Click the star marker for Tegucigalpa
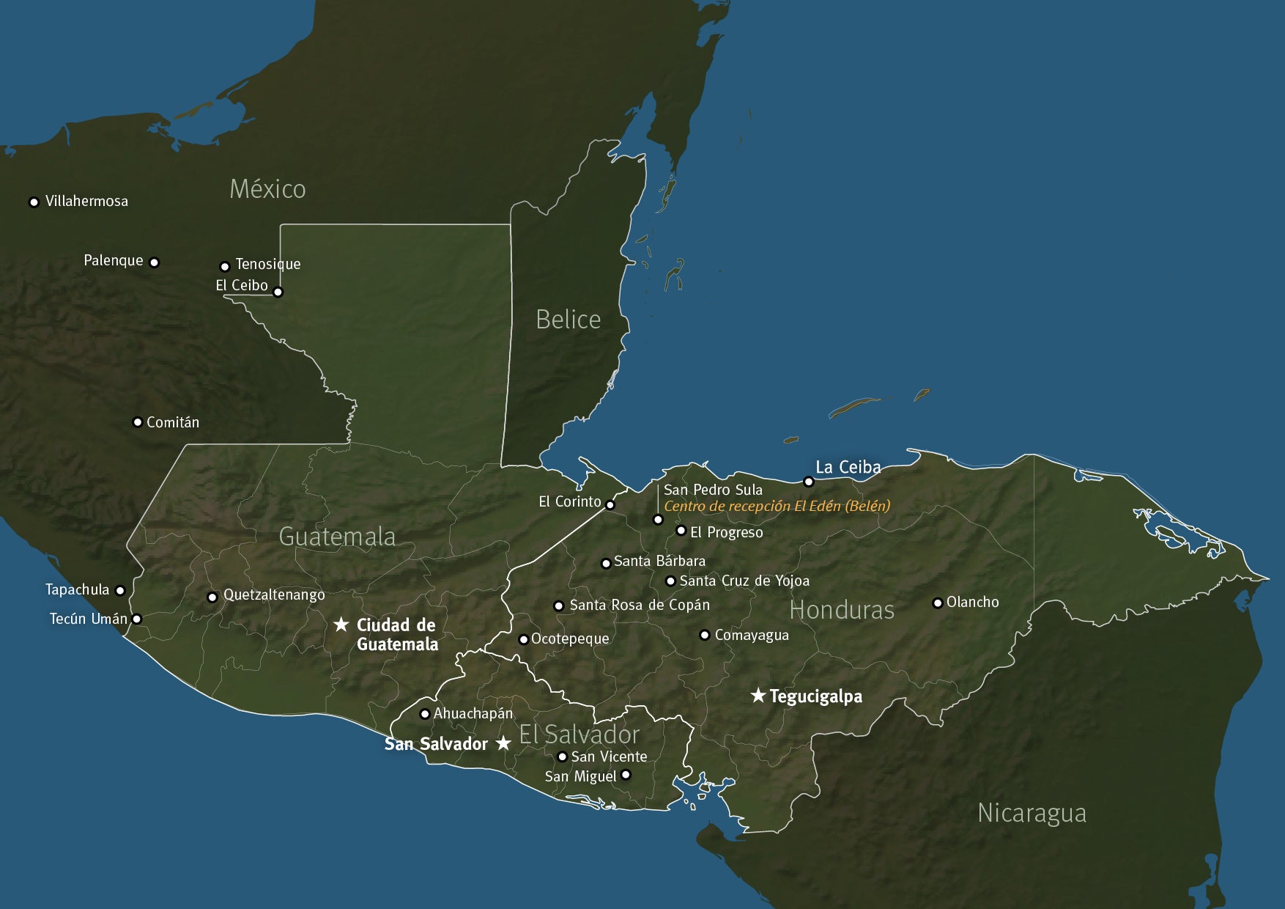coord(758,695)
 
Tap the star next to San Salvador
coord(503,743)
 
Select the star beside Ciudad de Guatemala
coord(341,625)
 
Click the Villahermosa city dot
coord(34,202)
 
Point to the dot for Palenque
coord(154,262)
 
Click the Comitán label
coord(173,422)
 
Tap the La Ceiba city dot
coord(809,482)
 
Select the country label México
coord(267,189)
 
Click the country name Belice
coord(568,320)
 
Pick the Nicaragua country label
coord(1032,813)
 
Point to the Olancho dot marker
coord(937,603)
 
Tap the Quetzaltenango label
coord(274,595)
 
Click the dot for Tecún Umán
coord(136,619)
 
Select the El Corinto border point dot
coord(610,504)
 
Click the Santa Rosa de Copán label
coord(640,606)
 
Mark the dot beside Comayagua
coord(704,635)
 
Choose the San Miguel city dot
coord(626,775)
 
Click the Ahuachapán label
coord(473,713)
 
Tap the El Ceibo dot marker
coord(278,292)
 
